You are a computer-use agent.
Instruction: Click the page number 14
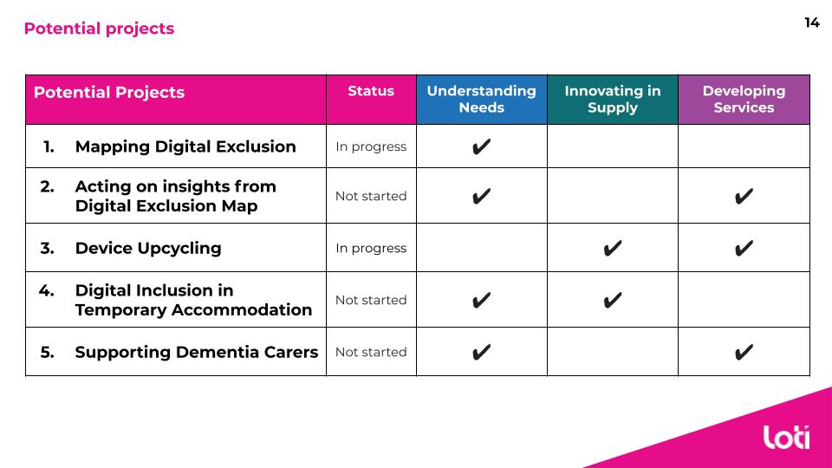pos(812,23)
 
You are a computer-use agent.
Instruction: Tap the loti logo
pos(786,437)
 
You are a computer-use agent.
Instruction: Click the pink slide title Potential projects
pos(99,28)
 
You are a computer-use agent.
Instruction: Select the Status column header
pos(371,91)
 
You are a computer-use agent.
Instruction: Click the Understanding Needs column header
pos(481,99)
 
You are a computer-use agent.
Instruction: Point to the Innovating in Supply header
pos(613,99)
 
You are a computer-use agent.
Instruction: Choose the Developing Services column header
pos(744,99)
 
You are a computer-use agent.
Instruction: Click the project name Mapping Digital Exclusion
pos(185,146)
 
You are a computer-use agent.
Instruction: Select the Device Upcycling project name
pos(148,248)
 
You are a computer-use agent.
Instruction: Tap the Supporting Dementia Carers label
pos(197,352)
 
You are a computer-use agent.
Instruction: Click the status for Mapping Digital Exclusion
pos(371,146)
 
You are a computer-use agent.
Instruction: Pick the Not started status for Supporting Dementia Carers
pos(371,352)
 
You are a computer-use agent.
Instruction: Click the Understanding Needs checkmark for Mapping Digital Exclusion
pos(481,146)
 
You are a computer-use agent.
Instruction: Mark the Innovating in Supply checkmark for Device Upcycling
pos(613,248)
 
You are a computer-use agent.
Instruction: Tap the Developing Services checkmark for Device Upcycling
pos(744,248)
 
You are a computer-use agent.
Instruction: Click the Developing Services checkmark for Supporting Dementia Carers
pos(744,352)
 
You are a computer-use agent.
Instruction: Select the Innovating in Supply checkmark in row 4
pos(613,301)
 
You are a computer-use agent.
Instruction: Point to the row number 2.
pos(47,186)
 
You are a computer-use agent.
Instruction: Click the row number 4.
pos(46,290)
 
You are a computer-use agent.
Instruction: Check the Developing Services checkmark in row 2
pos(744,197)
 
